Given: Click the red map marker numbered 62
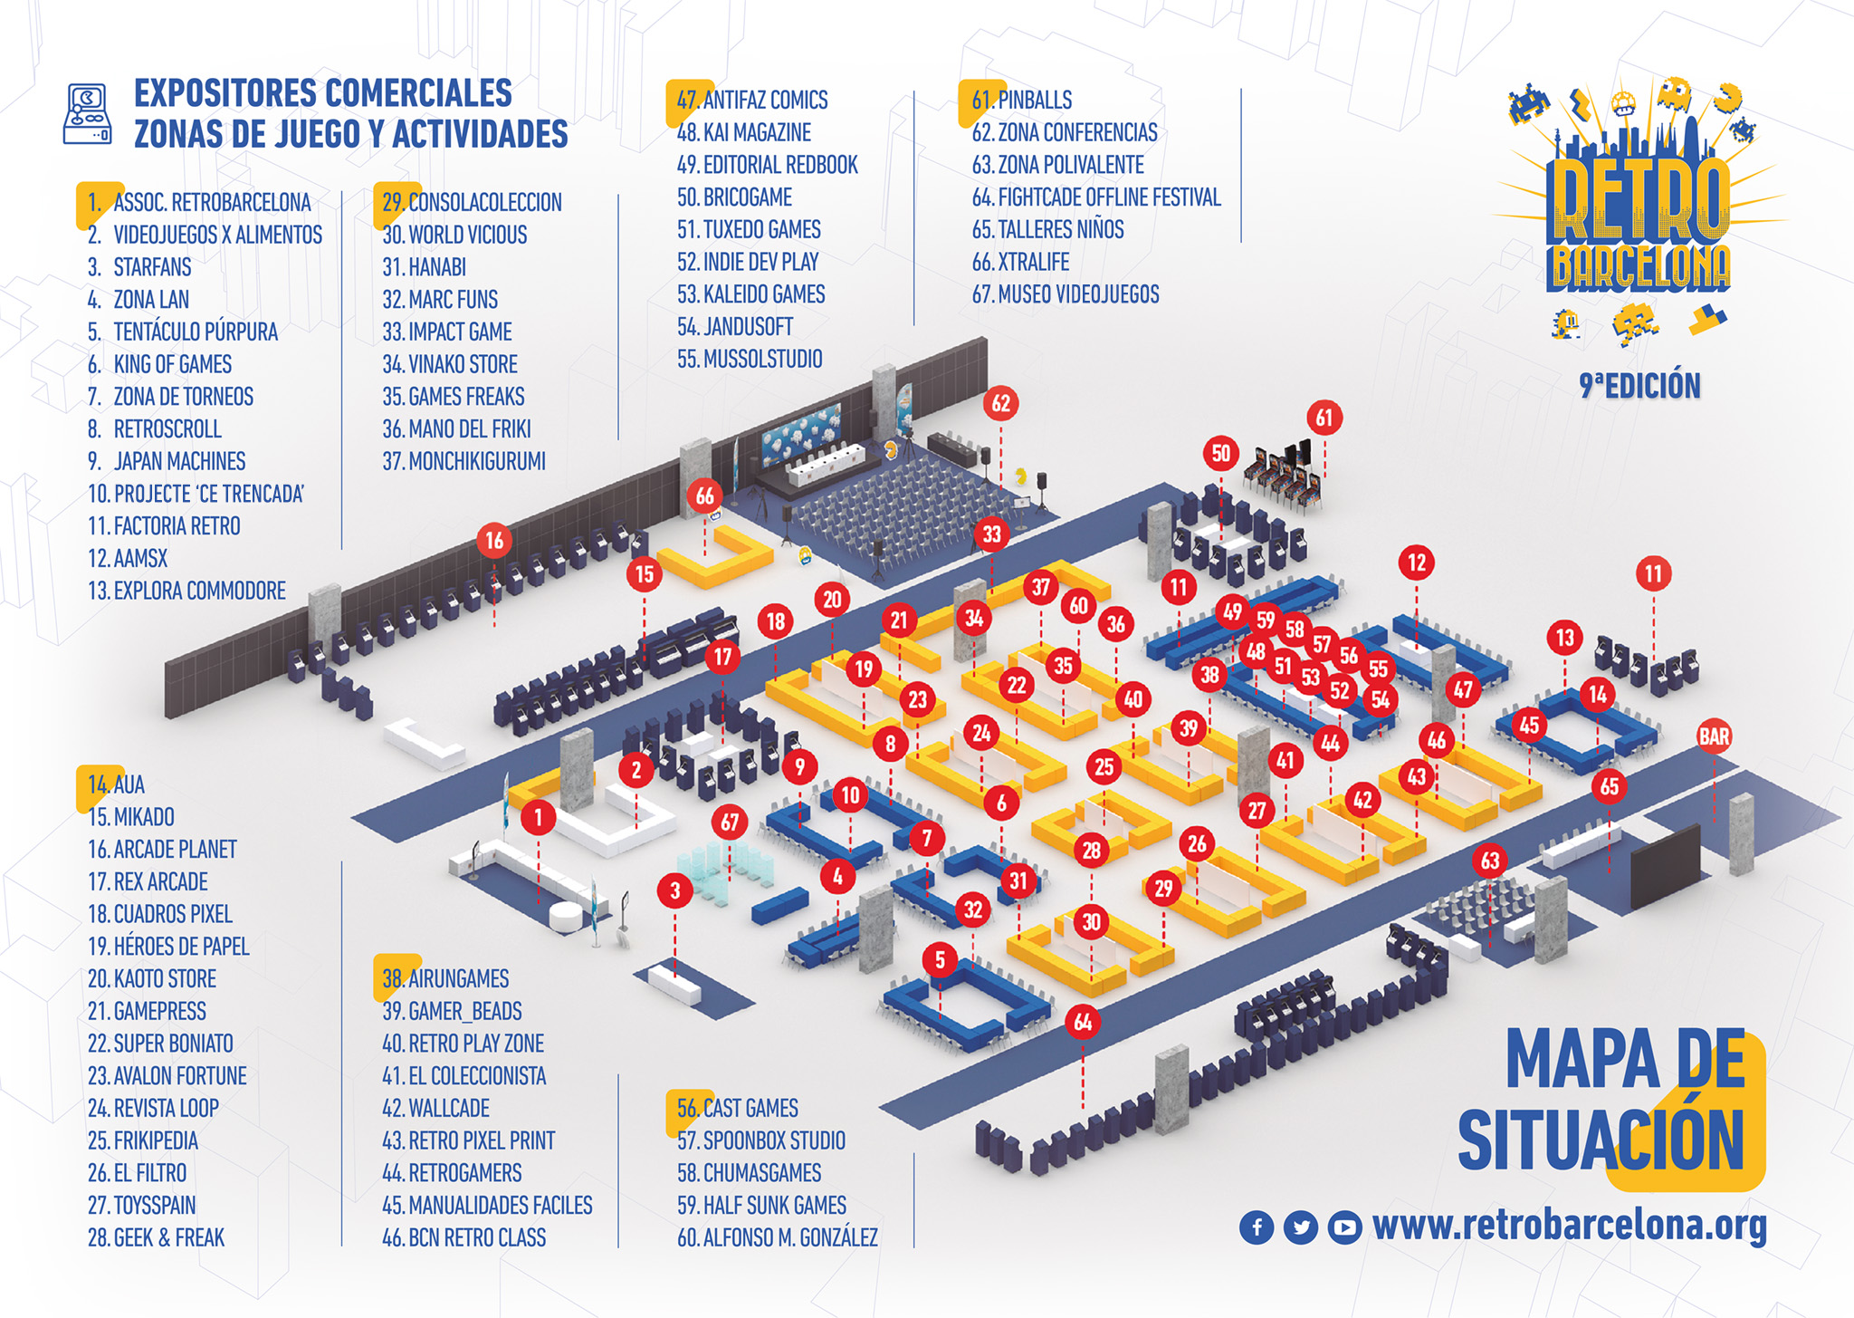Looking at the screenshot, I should (1000, 403).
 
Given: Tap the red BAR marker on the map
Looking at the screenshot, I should (1714, 736).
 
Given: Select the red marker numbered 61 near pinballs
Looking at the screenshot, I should (1324, 418).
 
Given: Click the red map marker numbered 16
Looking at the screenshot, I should (494, 542).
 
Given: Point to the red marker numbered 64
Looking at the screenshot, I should (1083, 1023).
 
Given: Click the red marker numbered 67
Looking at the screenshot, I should (730, 823).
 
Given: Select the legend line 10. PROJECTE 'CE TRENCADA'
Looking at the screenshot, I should (196, 494).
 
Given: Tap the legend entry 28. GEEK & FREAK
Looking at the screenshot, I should (156, 1237).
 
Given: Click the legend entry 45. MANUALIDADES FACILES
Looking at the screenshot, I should (487, 1206).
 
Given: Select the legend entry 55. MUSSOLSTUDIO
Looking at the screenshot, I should (750, 359).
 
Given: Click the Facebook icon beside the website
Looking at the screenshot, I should (1257, 1227).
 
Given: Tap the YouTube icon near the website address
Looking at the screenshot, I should (1344, 1227).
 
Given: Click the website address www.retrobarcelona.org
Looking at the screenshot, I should (1570, 1225).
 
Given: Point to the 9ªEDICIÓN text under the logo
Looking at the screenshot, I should (1639, 386).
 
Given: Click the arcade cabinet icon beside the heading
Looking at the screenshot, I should (88, 114).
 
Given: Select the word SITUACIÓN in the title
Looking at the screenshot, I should (1601, 1141).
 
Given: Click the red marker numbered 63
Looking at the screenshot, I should (1490, 861).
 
